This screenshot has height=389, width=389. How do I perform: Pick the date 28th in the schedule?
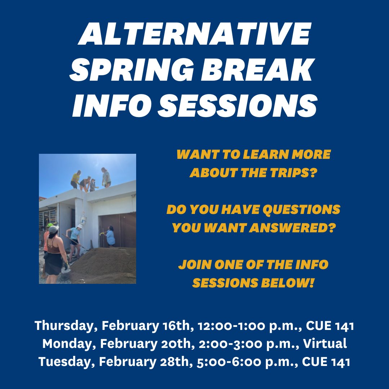tap(175, 362)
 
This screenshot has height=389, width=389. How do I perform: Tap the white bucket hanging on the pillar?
tap(84, 219)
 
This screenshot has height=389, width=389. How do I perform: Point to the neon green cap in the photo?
tap(50, 225)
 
